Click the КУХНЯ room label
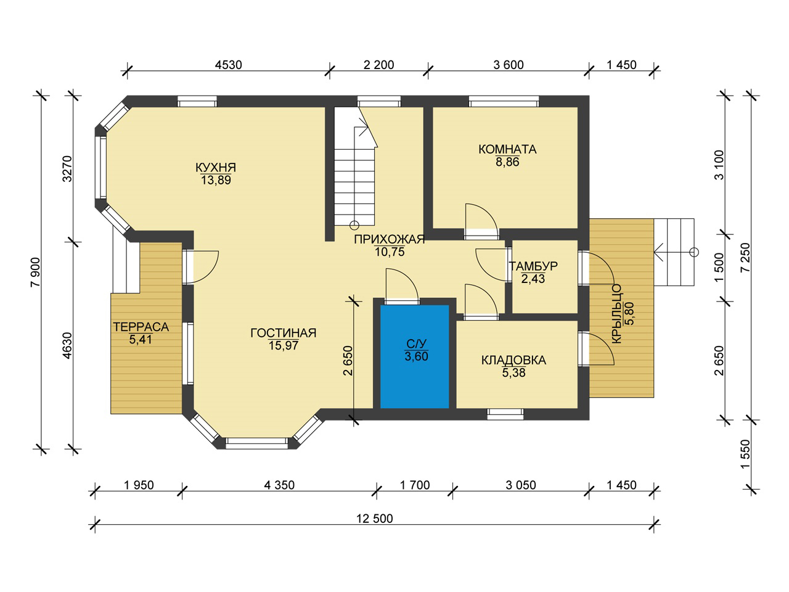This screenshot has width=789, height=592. tap(216, 168)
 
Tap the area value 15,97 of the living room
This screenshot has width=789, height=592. tap(284, 345)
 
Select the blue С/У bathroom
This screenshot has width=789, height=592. tap(414, 356)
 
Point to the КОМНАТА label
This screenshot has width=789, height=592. tap(507, 149)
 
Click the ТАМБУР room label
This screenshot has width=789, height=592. tap(533, 266)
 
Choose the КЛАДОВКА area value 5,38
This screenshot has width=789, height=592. tap(513, 372)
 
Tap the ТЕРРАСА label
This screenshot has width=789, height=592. tap(141, 327)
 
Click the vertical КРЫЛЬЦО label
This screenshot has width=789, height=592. tap(616, 313)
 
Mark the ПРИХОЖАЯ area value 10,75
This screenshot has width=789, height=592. tap(390, 252)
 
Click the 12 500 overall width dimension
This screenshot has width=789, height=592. tap(375, 519)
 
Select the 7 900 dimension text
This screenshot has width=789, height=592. tap(36, 272)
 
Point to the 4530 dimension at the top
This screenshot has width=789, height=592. tap(228, 65)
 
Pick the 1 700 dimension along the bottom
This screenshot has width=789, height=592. tap(415, 485)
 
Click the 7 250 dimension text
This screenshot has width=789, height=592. tap(745, 258)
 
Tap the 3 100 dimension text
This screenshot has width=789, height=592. tap(719, 165)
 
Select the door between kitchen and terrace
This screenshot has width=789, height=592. tap(200, 266)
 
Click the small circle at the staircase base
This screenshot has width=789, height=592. tap(354, 225)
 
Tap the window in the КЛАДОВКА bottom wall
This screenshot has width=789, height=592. tap(505, 414)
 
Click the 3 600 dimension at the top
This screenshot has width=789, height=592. tap(509, 65)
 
